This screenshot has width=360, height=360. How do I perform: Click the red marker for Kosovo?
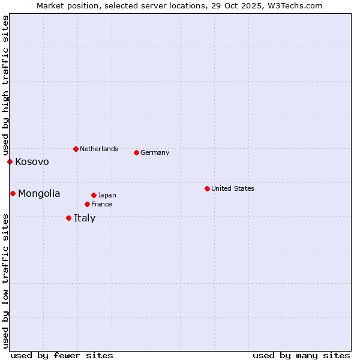pyautogui.click(x=10, y=161)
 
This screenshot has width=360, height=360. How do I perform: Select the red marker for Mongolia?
pyautogui.click(x=13, y=193)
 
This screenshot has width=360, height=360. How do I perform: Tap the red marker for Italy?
pyautogui.click(x=68, y=218)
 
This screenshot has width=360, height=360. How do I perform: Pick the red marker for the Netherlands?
pyautogui.click(x=76, y=149)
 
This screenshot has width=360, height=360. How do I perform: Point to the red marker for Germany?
pyautogui.click(x=136, y=152)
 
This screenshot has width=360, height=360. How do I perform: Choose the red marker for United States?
pyautogui.click(x=207, y=188)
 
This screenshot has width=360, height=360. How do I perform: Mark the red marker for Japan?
pyautogui.click(x=94, y=195)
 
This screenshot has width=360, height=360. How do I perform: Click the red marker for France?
pyautogui.click(x=87, y=204)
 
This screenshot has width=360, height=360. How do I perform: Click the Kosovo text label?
pyautogui.click(x=32, y=162)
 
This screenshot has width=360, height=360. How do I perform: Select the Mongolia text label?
pyautogui.click(x=39, y=193)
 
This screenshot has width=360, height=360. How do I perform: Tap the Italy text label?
pyautogui.click(x=85, y=218)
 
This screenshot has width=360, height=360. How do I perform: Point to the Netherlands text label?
pyautogui.click(x=99, y=149)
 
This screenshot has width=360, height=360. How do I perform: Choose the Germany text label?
pyautogui.click(x=155, y=152)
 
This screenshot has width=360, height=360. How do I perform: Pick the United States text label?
pyautogui.click(x=233, y=188)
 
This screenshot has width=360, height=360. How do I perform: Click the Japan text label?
pyautogui.click(x=107, y=195)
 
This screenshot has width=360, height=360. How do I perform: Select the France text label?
pyautogui.click(x=101, y=204)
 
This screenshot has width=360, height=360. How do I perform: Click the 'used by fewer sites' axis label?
pyautogui.click(x=62, y=355)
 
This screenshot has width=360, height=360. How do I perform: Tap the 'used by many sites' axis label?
pyautogui.click(x=301, y=355)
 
